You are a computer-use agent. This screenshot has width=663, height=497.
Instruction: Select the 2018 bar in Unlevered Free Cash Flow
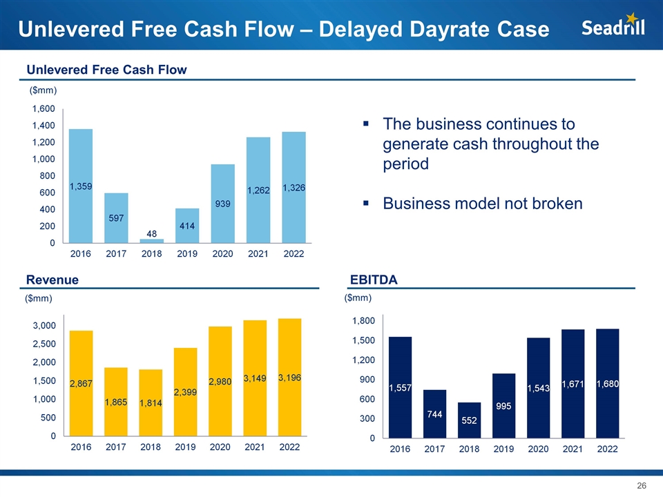pyautogui.click(x=152, y=241)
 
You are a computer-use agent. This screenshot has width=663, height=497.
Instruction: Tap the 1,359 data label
pyautogui.click(x=81, y=186)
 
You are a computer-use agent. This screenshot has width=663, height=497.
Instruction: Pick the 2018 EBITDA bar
pyautogui.click(x=469, y=420)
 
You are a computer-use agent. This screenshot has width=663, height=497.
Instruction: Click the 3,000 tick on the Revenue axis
pyautogui.click(x=44, y=325)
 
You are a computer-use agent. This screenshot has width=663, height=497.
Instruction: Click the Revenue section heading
pyautogui.click(x=52, y=280)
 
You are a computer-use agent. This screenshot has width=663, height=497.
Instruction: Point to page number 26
pyautogui.click(x=641, y=486)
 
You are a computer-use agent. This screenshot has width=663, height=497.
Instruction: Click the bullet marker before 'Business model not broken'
pyautogui.click(x=367, y=204)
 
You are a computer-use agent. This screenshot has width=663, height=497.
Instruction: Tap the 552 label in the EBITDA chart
pyautogui.click(x=469, y=420)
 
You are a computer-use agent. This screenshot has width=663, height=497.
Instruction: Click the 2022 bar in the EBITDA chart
pyautogui.click(x=608, y=383)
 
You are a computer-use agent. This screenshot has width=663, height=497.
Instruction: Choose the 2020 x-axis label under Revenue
pyautogui.click(x=220, y=447)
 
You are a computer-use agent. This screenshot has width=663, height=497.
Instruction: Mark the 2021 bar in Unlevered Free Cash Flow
pyautogui.click(x=258, y=190)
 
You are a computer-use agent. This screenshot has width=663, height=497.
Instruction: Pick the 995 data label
pyautogui.click(x=503, y=407)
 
